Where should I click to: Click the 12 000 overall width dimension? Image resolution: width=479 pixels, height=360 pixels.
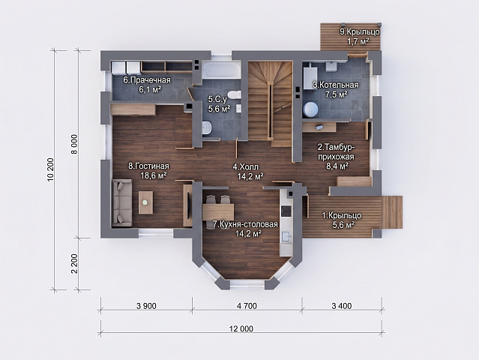click(x=241, y=328)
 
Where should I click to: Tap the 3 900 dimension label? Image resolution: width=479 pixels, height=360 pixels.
click(x=147, y=306)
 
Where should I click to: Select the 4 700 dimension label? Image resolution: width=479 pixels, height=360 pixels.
click(x=247, y=306)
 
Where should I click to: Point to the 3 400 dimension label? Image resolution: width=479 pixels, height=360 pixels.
click(x=342, y=306)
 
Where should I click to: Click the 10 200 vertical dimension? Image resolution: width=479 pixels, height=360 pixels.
click(x=51, y=169)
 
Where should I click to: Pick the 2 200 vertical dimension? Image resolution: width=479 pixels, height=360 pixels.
click(x=74, y=264)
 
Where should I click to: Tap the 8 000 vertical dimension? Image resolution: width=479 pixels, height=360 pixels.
click(x=74, y=144)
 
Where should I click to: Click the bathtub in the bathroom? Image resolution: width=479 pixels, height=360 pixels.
click(x=221, y=70)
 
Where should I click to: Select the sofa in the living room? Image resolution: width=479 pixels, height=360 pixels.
click(x=122, y=203)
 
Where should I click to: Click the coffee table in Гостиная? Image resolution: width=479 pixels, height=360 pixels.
click(x=146, y=202)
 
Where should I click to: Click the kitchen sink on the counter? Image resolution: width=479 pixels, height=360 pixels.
click(x=286, y=237)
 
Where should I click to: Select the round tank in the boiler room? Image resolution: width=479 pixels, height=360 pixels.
click(x=311, y=109)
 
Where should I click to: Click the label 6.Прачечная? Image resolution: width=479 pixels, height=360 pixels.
click(x=147, y=80)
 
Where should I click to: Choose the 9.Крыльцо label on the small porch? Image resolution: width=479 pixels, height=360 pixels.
click(x=360, y=31)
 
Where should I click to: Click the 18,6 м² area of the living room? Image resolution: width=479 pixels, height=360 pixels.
click(x=154, y=175)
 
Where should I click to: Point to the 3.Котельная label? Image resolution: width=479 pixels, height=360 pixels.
click(x=335, y=85)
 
